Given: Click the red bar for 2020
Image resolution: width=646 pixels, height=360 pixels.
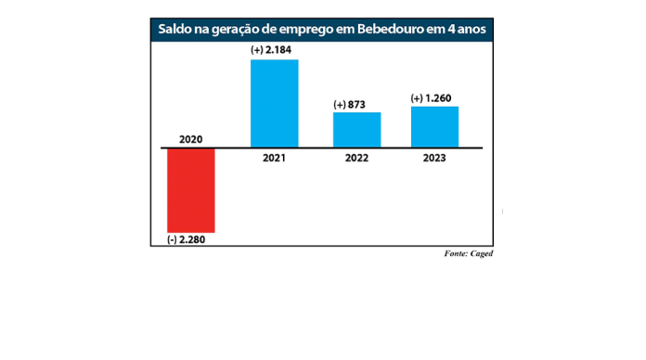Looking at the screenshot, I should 190,190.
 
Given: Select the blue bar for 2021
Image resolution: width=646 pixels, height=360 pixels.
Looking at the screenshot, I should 275,103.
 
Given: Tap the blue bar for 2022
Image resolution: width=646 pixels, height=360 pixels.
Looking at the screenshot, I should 357,130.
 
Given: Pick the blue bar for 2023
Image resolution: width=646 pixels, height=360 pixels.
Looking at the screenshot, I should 434,127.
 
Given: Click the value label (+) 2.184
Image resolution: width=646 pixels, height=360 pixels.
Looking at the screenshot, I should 275,49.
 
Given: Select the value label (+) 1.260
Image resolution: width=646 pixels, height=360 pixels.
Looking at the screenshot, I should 434,98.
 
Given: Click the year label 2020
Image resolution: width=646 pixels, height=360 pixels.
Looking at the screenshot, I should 190,139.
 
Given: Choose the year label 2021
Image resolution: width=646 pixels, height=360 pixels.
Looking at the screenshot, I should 275,158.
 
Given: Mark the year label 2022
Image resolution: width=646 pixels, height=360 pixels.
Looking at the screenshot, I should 357,158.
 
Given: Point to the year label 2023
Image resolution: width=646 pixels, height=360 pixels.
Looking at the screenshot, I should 434,158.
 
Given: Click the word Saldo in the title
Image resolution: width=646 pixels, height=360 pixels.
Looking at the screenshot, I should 174,30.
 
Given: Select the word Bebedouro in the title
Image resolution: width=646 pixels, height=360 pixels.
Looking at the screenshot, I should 389,30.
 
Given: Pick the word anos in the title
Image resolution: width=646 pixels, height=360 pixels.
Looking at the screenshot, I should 471,30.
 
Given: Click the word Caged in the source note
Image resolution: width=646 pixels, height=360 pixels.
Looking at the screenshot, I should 481,253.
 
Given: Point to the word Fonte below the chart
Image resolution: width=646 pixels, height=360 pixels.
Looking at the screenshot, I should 456,253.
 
